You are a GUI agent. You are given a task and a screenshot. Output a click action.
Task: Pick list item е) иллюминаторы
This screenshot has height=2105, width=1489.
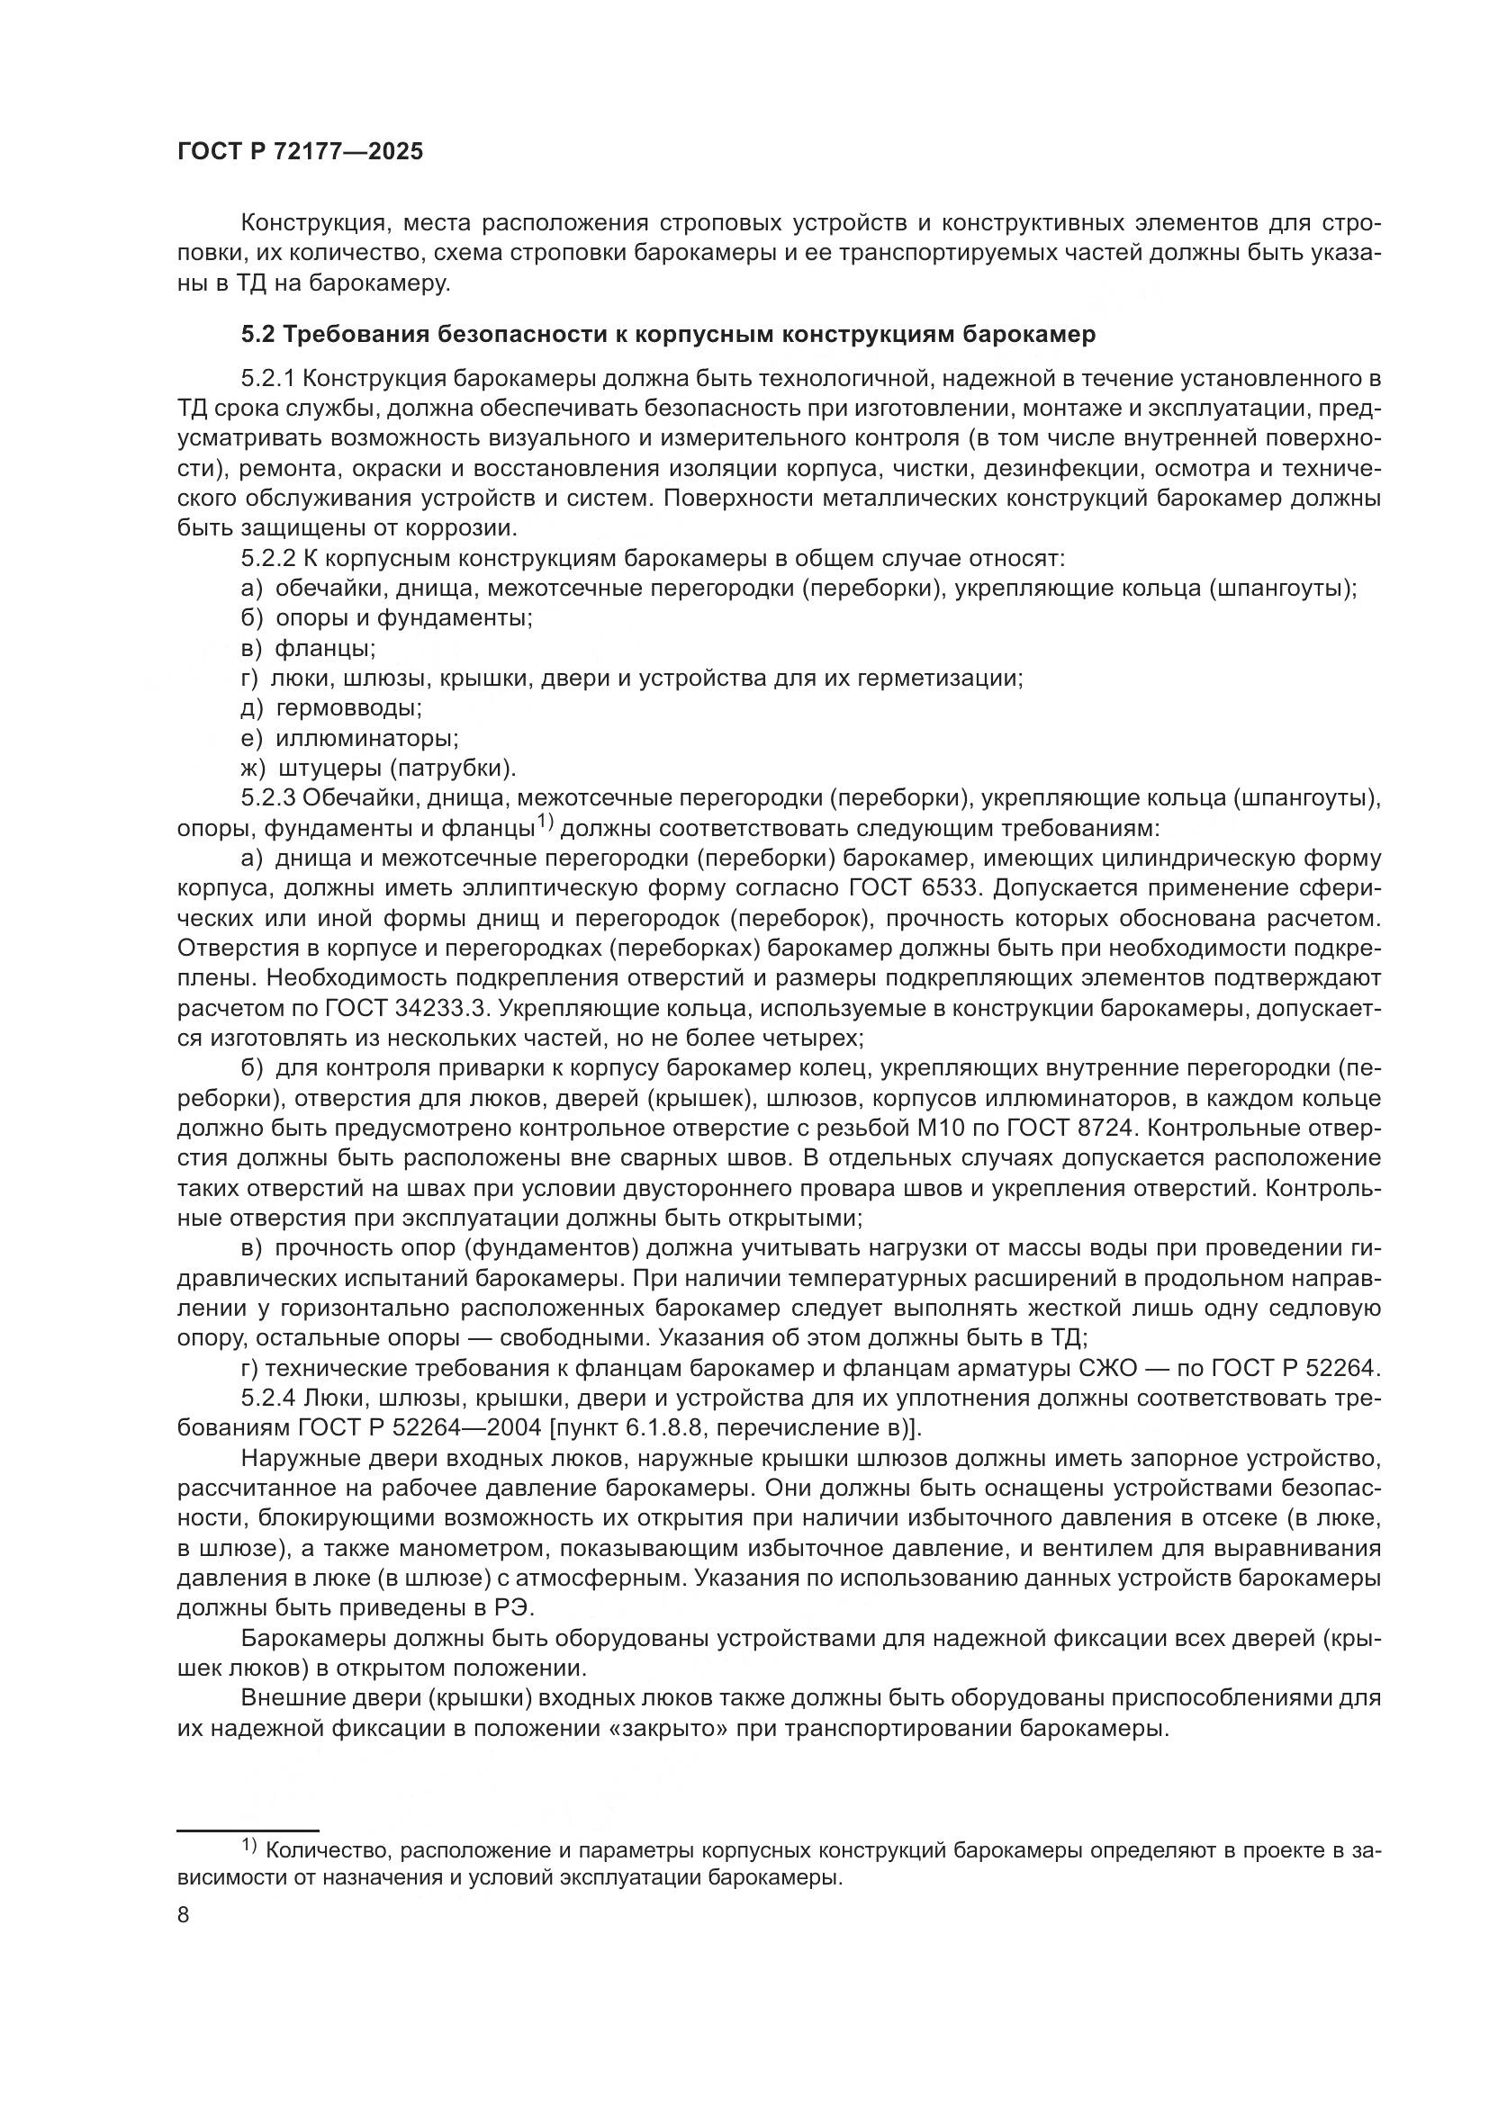coord(349,738)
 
